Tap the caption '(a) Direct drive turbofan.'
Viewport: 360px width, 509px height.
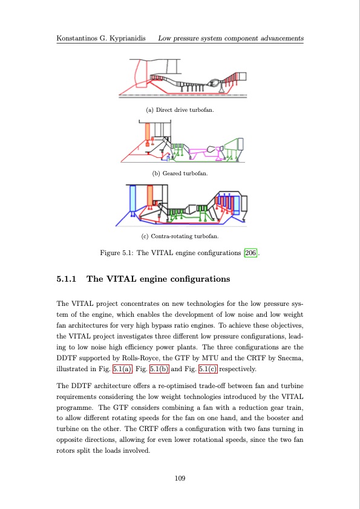pos(180,110)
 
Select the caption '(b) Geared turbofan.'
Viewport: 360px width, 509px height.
pos(180,173)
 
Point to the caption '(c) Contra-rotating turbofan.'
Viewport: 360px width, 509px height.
pos(180,236)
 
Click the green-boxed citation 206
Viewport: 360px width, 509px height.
pos(250,253)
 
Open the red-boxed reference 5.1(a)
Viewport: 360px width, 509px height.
pos(122,369)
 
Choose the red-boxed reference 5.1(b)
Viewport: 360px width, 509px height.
pos(159,369)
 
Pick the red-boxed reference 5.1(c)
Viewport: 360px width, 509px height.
pos(208,369)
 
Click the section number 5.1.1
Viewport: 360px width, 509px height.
pos(67,279)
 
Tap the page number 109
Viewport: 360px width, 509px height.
pos(180,478)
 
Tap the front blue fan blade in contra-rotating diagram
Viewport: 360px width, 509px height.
pos(133,199)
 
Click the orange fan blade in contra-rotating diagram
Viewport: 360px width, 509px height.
pos(150,195)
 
